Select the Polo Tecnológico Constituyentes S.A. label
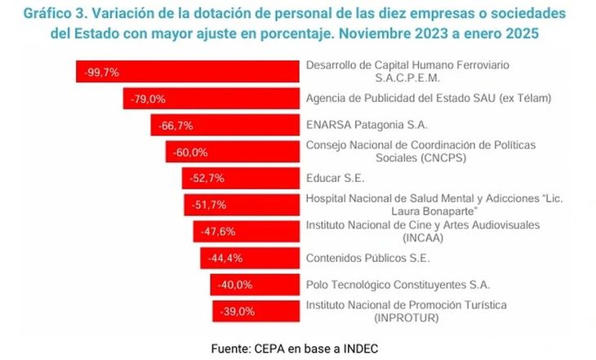click(398, 285)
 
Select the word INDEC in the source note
click(359, 348)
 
